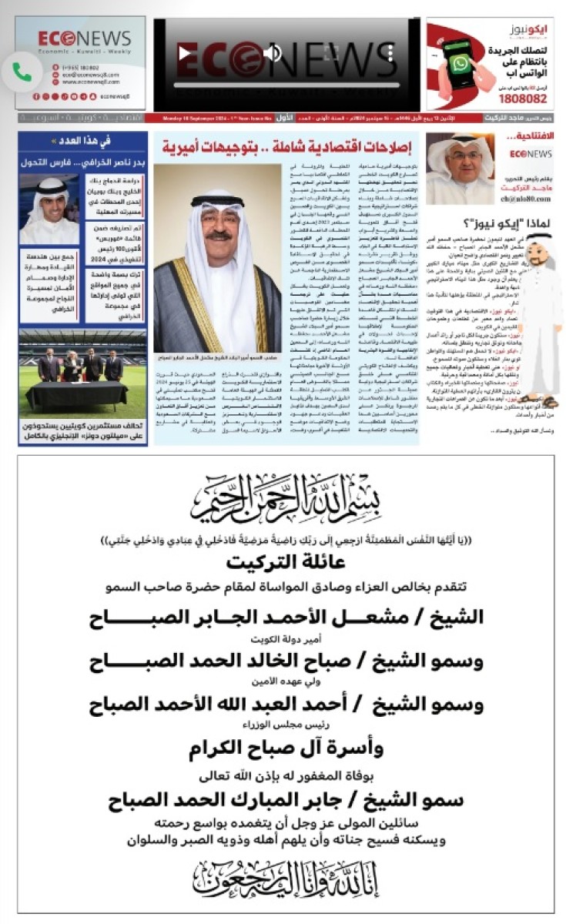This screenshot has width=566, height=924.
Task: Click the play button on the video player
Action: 184,52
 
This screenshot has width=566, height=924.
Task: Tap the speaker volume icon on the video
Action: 272,52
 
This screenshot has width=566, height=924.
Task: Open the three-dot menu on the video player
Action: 390,52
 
